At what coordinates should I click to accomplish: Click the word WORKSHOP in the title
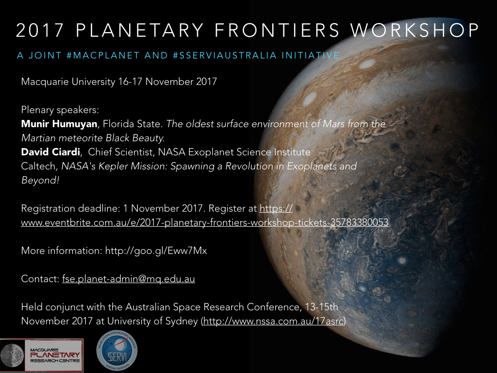[x=414, y=30]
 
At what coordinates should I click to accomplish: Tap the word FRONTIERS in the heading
[x=277, y=30]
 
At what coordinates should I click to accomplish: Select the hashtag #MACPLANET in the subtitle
[x=103, y=55]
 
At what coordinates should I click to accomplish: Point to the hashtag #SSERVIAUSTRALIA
[x=225, y=55]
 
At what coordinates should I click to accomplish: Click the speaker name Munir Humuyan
[x=59, y=124]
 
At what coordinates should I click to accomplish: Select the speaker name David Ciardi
[x=50, y=152]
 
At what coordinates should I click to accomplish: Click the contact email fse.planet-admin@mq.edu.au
[x=128, y=279]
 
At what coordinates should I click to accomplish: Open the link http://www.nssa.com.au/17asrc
[x=273, y=321]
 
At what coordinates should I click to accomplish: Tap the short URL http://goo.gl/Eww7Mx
[x=156, y=251]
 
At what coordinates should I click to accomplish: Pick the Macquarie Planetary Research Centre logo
[x=42, y=355]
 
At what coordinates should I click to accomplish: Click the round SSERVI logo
[x=116, y=351]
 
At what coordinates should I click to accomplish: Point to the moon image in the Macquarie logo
[x=12, y=356]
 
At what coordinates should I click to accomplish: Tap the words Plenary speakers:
[x=60, y=110]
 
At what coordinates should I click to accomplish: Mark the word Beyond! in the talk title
[x=40, y=180]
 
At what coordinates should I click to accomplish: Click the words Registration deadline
[x=70, y=208]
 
